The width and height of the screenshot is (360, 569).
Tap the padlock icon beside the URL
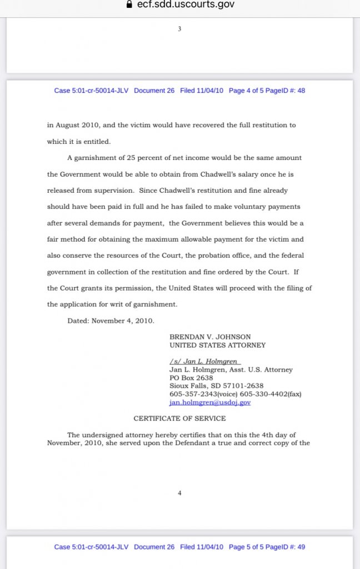pos(129,4)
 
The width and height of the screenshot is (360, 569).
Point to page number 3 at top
pos(179,29)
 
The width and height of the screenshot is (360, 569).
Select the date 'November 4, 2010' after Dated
pos(123,321)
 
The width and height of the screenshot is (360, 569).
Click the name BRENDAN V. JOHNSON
pos(210,337)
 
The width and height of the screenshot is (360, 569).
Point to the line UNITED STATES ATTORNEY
pos(217,345)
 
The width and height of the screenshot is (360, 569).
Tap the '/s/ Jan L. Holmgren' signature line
pos(204,361)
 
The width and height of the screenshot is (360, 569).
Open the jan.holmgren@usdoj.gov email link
pos(209,402)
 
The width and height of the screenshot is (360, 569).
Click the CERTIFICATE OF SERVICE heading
pos(179,418)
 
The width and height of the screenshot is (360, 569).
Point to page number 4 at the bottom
pos(179,493)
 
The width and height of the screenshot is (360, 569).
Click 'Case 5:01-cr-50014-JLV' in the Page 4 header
pos(91,91)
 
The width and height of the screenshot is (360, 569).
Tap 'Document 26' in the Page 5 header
pos(154,547)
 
